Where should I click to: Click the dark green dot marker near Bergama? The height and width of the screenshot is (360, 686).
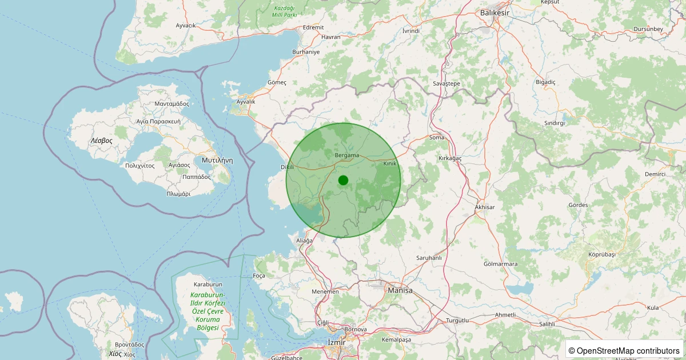coord(343,181)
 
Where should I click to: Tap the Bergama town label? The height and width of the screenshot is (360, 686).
coord(346,155)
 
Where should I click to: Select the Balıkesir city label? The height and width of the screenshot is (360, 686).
coord(494,12)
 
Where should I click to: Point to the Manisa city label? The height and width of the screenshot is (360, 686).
coord(400,291)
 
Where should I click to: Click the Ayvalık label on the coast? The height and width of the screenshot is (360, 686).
coord(246,102)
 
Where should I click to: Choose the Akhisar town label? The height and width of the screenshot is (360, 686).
coord(485,207)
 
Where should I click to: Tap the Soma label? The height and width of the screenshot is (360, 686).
coord(436,138)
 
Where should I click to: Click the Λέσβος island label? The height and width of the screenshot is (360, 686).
coord(101,140)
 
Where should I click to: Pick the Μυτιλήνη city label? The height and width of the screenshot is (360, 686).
coord(217,161)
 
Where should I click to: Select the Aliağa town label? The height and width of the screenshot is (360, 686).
coord(304,241)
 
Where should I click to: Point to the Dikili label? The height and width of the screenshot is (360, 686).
coord(286,167)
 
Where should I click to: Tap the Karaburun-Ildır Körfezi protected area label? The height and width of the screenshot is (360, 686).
coord(208,311)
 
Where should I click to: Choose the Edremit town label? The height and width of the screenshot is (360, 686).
coord(313,27)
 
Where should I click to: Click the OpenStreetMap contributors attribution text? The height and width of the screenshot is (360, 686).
coord(624,350)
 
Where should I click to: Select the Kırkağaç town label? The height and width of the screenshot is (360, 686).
coord(450,158)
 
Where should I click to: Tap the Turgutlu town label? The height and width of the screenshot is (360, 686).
coord(457,321)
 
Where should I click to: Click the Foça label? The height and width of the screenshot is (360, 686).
coord(258,275)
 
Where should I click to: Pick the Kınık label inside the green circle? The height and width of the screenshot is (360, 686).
coord(389,163)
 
